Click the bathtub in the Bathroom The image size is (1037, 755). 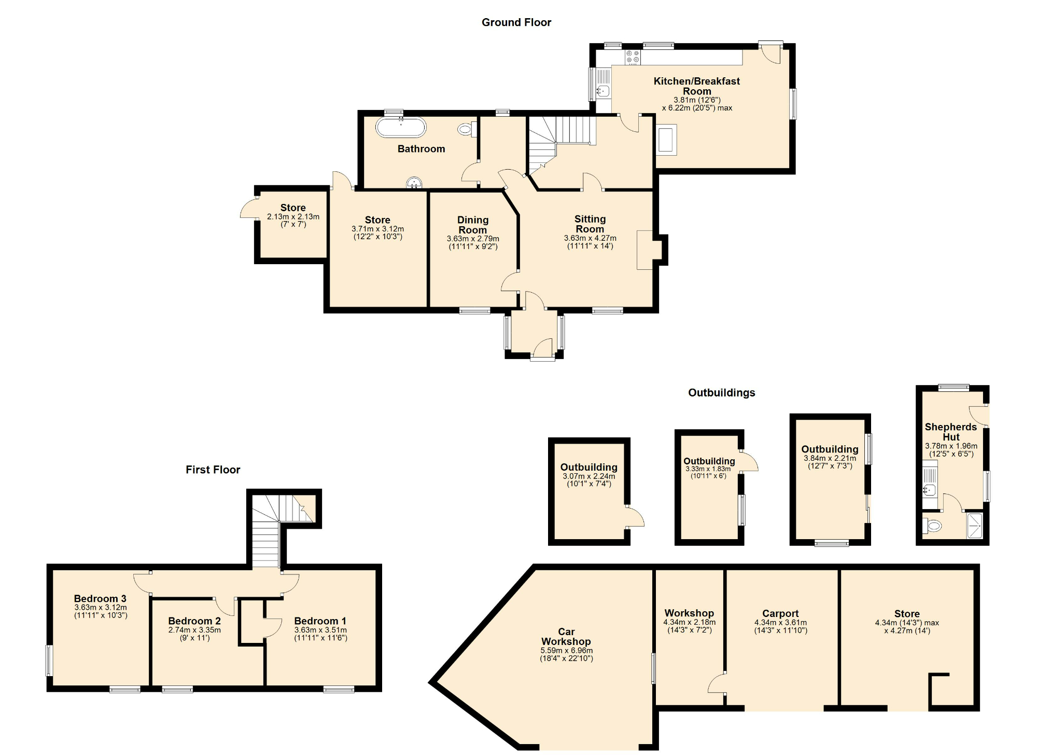400,127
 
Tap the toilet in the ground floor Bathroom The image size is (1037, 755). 466,129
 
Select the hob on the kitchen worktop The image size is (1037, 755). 632,57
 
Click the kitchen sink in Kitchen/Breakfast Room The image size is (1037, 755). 602,91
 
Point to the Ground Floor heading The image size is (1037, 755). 516,22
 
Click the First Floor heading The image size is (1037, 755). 213,470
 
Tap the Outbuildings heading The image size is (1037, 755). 721,393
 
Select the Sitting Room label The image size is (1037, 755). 590,224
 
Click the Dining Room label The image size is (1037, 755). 472,225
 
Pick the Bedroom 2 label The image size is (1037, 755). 194,621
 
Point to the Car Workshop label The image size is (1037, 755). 566,637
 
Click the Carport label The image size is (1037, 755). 780,613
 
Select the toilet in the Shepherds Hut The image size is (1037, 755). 932,526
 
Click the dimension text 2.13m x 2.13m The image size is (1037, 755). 293,217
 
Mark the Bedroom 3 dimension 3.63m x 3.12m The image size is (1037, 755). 100,608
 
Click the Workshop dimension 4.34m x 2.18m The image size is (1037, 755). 689,622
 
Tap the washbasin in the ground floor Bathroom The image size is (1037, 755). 414,183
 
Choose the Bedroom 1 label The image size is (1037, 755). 320,621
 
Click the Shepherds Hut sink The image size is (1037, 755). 929,488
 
